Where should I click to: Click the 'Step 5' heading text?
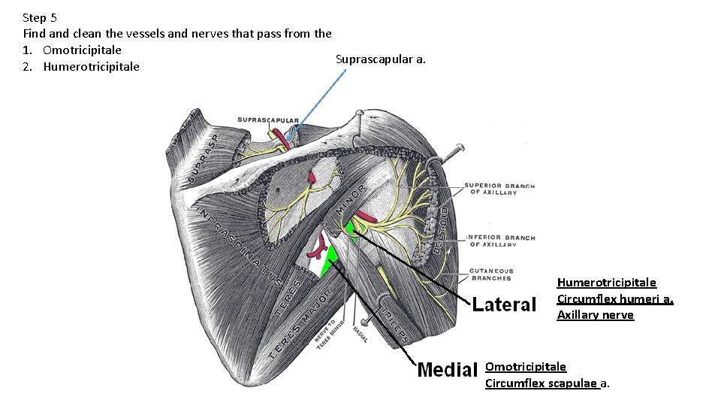tap(40, 17)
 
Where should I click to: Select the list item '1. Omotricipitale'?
tap(72, 50)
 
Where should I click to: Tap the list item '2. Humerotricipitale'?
tap(81, 66)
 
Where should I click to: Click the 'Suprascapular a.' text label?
tap(380, 59)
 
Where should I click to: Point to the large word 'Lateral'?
tap(505, 304)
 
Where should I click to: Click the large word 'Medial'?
tap(448, 369)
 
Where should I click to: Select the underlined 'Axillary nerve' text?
tap(595, 315)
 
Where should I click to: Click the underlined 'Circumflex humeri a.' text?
tap(614, 298)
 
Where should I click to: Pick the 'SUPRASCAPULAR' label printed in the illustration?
tap(268, 120)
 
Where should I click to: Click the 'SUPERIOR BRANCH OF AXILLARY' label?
tap(499, 189)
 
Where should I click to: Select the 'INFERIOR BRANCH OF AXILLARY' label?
tap(501, 241)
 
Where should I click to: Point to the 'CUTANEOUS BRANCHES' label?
tap(491, 274)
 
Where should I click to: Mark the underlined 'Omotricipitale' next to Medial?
tap(526, 367)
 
